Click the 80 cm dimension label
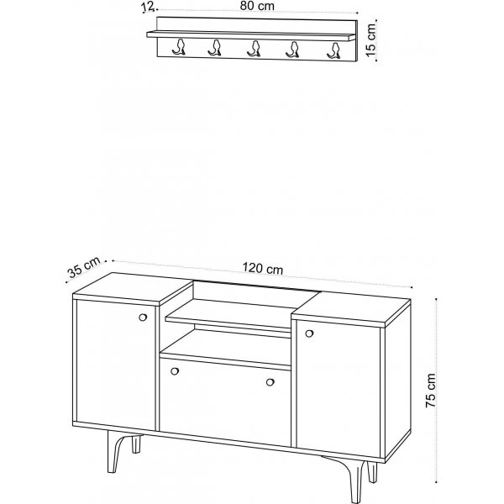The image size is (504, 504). (257, 6)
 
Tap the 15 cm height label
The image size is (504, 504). (370, 39)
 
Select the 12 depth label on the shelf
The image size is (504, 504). (149, 7)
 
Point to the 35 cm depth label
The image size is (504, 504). (84, 267)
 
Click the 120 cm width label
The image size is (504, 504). (263, 268)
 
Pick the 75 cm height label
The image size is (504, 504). (430, 391)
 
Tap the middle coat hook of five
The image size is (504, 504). (255, 49)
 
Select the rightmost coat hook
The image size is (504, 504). (334, 50)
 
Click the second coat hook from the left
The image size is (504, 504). (215, 48)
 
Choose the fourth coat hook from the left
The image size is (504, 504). (292, 50)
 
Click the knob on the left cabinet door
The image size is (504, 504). (143, 318)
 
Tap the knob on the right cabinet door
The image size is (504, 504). (309, 333)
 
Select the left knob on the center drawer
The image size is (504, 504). (175, 371)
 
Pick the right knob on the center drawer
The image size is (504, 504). (270, 382)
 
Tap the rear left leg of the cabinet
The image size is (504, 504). (137, 444)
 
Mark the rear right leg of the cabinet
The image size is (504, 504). (372, 472)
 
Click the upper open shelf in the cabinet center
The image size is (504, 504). (228, 314)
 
